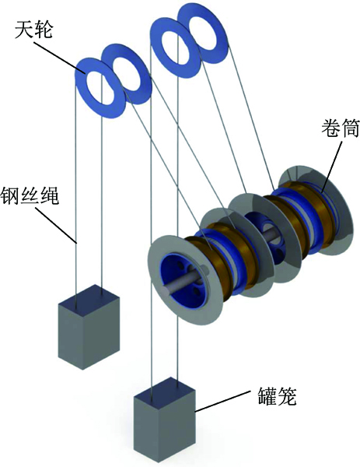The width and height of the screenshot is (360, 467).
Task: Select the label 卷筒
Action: click(340, 128)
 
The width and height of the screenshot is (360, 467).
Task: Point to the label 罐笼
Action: click(277, 396)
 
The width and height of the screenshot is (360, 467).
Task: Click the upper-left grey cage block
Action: click(89, 327)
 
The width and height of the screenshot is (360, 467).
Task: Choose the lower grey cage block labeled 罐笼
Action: click(165, 421)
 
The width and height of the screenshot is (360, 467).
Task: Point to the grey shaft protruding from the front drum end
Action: click(179, 283)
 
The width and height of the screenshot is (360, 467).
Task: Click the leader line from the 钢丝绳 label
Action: click(57, 224)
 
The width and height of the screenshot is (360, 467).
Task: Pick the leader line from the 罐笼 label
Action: click(222, 402)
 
